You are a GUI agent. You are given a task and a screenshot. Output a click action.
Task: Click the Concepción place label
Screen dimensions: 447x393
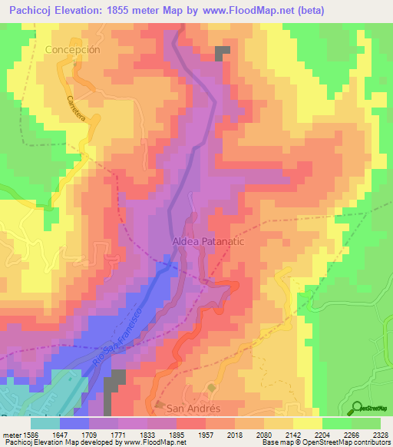tap(73, 49)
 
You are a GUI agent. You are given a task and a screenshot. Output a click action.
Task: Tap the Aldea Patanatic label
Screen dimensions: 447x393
tap(201, 240)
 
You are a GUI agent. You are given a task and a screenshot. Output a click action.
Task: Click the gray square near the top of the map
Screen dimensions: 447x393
tap(223, 52)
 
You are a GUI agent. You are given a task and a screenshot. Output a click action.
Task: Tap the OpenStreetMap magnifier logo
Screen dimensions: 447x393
tap(358, 407)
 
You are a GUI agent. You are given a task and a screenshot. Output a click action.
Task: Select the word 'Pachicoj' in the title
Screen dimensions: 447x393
tap(28, 11)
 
